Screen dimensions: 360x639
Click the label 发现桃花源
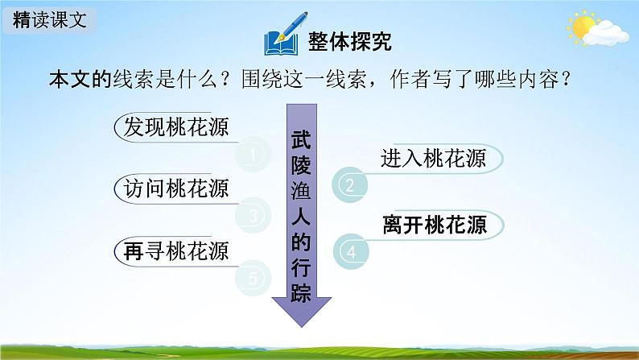(172, 126)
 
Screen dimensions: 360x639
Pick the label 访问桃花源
(172, 188)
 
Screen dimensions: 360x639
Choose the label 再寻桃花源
(172, 250)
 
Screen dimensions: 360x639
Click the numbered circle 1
(254, 155)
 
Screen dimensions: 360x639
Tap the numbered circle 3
(254, 217)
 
